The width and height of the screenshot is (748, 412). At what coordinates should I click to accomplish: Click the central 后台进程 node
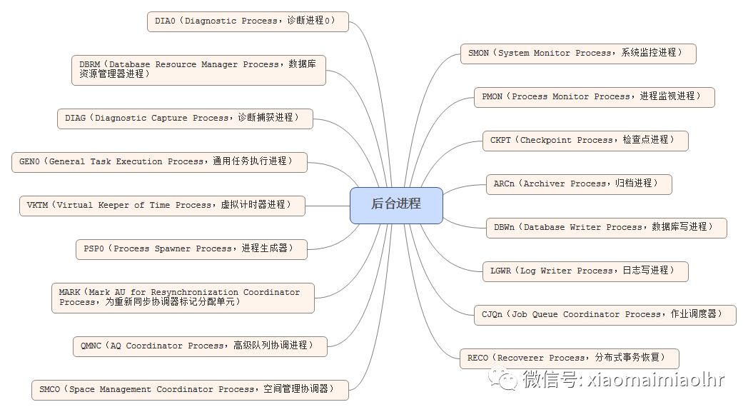click(x=396, y=205)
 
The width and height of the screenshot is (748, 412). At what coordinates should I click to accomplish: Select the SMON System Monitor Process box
click(x=578, y=54)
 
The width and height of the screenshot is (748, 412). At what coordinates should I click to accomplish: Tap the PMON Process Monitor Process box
click(x=594, y=97)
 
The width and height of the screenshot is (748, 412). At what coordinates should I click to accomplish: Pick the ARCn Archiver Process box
click(x=578, y=184)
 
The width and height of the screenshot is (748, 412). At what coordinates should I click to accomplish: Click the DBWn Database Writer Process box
click(x=606, y=228)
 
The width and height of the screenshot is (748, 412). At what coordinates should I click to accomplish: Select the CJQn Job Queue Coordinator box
click(x=605, y=315)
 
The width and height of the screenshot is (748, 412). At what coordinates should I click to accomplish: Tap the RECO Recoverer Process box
click(x=568, y=358)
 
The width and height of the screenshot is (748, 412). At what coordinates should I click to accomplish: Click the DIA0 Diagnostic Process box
click(x=248, y=21)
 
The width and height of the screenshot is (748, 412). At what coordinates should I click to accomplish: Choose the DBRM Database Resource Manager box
click(x=198, y=70)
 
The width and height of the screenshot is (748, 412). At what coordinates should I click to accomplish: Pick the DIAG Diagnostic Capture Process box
click(x=184, y=119)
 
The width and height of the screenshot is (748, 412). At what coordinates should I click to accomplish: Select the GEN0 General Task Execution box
click(x=159, y=162)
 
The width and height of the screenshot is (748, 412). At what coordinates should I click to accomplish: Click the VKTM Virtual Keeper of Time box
click(x=162, y=206)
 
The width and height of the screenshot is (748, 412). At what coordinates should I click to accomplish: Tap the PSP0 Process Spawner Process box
click(x=191, y=249)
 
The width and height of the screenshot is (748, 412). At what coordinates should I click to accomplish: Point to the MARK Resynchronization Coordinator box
click(x=183, y=298)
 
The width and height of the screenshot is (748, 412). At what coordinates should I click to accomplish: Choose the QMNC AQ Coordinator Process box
click(x=201, y=346)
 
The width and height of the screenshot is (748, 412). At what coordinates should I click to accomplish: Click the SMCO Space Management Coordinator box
click(x=191, y=390)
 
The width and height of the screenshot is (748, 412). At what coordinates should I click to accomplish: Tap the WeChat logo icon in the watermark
click(x=507, y=378)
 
